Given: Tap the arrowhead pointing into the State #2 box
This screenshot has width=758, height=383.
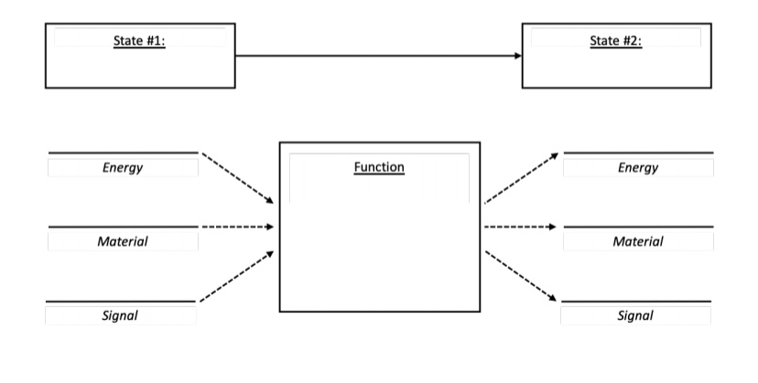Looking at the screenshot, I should point(517,56).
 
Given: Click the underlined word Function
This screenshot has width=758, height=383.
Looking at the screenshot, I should point(379,167).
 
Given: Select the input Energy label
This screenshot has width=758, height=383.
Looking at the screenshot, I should point(122,167).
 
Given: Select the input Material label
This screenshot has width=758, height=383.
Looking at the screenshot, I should point(122,241).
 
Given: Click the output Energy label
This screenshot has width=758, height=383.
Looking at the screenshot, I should point(638,167).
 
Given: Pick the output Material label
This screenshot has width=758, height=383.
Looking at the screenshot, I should point(638,241).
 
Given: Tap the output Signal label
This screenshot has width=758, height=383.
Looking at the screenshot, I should point(635,315).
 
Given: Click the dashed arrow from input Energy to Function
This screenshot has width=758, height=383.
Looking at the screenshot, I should point(238,177).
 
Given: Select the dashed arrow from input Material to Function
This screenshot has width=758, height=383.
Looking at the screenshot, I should point(237,226).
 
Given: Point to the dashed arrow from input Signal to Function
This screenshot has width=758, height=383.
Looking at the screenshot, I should point(237,275).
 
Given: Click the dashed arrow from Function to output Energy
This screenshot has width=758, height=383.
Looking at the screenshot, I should point(521,177).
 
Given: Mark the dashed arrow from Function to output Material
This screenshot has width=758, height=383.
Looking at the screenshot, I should point(520,226).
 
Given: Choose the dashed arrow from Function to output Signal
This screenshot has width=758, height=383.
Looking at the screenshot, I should point(521,275).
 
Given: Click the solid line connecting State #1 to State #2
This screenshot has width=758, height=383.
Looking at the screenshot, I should point(375,56).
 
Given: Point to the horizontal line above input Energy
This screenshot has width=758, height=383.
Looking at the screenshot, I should point(122,153).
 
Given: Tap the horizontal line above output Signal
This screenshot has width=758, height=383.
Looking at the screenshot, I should point(635,301).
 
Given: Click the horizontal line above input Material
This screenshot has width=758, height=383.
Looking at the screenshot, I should point(122,227).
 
